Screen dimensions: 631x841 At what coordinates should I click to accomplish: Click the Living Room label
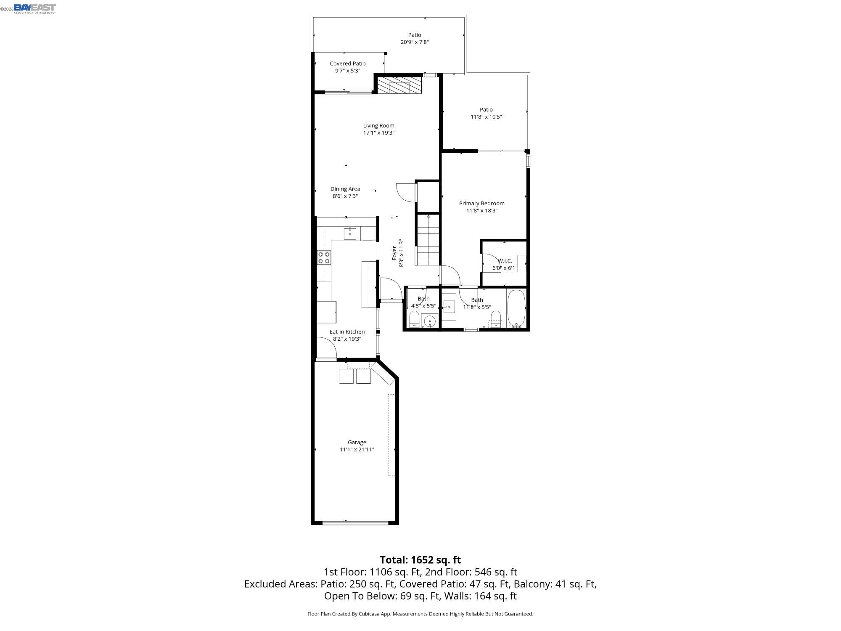coord(378,125)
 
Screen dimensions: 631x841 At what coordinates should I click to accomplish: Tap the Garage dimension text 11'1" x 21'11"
coord(357,449)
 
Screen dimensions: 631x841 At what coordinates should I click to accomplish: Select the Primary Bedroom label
coord(481,203)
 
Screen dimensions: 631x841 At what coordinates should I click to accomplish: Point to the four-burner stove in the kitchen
coord(324,257)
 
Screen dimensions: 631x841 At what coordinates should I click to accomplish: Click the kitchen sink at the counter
coord(350,233)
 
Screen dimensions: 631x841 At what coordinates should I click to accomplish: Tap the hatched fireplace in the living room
coord(399,85)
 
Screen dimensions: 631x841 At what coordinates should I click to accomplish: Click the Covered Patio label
coord(347,64)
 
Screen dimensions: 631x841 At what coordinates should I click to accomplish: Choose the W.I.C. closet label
coord(505,261)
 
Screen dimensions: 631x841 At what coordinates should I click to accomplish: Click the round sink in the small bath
coord(430,322)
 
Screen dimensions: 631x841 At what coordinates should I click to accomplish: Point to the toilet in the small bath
coord(414,319)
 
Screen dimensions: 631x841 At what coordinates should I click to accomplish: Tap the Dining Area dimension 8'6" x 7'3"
coord(345,196)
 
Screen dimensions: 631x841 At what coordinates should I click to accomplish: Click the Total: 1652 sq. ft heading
coord(420,560)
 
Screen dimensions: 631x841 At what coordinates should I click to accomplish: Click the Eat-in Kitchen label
coord(347,331)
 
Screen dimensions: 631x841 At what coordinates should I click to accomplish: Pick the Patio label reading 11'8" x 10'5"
coord(486,117)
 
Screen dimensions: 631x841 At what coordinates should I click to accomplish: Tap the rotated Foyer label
coord(394,253)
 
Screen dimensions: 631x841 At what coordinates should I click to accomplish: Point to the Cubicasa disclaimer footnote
coord(420,614)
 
